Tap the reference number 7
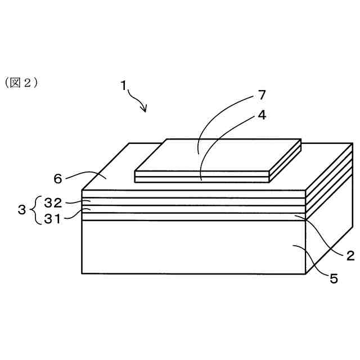(x=262, y=94)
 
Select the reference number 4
(x=262, y=115)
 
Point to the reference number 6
(x=57, y=178)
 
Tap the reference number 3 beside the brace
(x=22, y=210)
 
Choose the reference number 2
(x=349, y=253)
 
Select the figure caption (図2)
(x=22, y=83)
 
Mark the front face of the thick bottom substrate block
(x=191, y=247)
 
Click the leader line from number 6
(x=84, y=175)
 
